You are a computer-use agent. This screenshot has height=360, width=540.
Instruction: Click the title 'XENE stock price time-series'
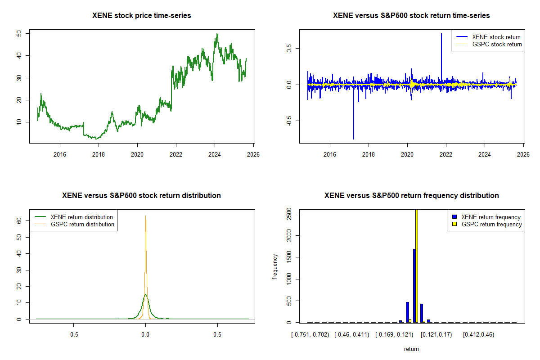[x=142, y=16]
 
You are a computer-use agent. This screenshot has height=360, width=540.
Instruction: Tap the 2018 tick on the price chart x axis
[x=99, y=154]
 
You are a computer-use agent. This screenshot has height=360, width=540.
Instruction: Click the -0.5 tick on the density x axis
[x=73, y=335]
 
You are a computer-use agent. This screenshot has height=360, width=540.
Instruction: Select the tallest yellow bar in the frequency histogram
[x=417, y=265]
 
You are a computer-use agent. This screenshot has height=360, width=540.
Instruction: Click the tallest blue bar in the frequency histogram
[x=414, y=285]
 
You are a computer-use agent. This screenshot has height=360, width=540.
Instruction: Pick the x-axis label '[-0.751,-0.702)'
[x=310, y=335]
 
